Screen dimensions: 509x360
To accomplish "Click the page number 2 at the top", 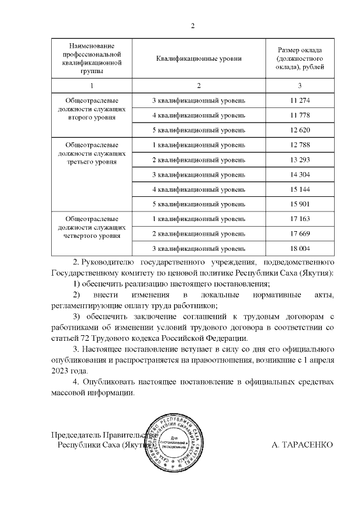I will click(x=192, y=26).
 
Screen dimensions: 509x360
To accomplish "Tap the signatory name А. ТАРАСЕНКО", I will click(x=302, y=445).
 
